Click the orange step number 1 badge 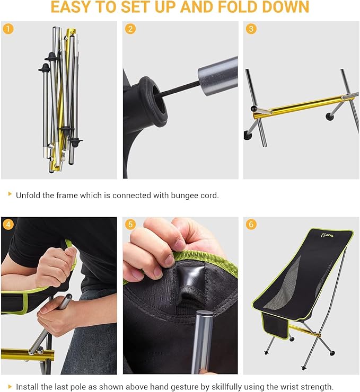pos(8,29)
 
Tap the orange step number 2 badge pos(130,29)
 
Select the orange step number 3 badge pos(251,29)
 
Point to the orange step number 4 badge pos(8,224)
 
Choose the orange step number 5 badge pos(130,224)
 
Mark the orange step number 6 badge pos(251,224)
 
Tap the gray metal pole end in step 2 pos(218,76)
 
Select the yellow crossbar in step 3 pos(303,106)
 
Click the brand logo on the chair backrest pos(327,235)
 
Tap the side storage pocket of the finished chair pos(275,325)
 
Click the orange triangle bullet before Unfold pos(10,194)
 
